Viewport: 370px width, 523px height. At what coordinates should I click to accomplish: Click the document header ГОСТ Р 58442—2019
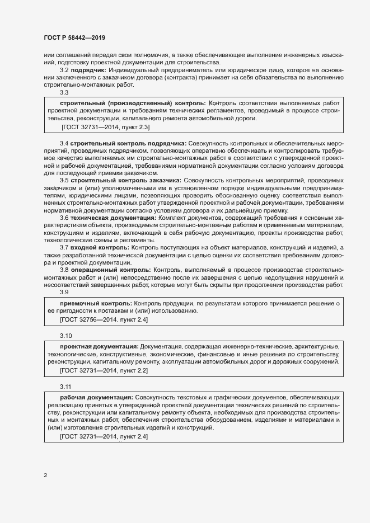pyautogui.click(x=74, y=37)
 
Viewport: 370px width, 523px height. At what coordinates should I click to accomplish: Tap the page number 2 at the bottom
pyautogui.click(x=45, y=475)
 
